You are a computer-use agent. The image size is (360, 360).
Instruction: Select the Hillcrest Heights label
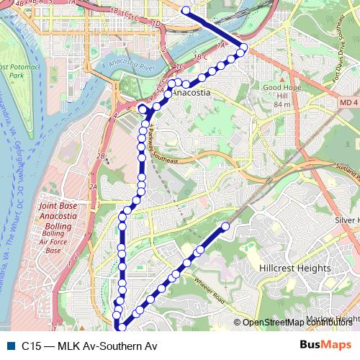(294, 268)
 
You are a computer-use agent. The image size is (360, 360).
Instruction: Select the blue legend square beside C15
(10, 346)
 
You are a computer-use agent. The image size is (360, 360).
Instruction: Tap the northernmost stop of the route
(186, 11)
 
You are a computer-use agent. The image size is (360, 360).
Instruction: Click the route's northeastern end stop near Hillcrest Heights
(225, 227)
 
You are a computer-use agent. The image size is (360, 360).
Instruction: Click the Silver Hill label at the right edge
(347, 220)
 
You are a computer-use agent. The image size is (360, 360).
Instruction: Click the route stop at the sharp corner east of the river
(243, 48)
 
